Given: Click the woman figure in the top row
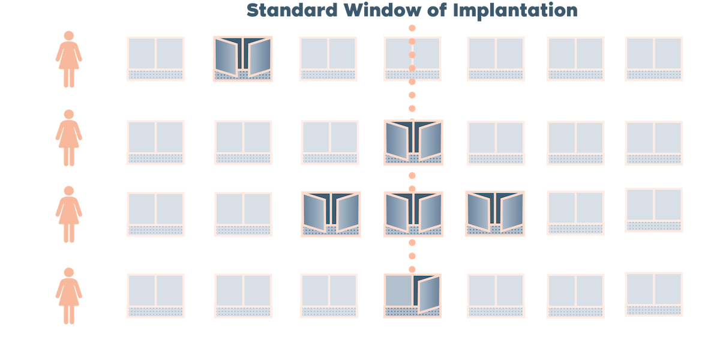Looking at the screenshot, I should (x=69, y=59).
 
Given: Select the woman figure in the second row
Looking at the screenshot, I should (x=69, y=137).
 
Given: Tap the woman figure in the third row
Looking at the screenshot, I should (x=69, y=214).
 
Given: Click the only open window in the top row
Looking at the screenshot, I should (x=242, y=58).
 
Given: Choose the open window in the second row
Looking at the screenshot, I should (x=413, y=142).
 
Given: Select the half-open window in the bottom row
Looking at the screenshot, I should (x=413, y=295).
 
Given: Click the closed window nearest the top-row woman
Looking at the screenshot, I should (x=156, y=58).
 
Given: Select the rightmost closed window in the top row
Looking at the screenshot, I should (x=653, y=58).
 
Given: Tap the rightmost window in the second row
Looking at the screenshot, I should (x=653, y=143).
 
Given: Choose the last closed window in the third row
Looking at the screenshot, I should (x=653, y=209).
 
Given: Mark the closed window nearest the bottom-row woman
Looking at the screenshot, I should (x=156, y=295).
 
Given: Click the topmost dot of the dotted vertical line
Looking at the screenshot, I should (x=412, y=28).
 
